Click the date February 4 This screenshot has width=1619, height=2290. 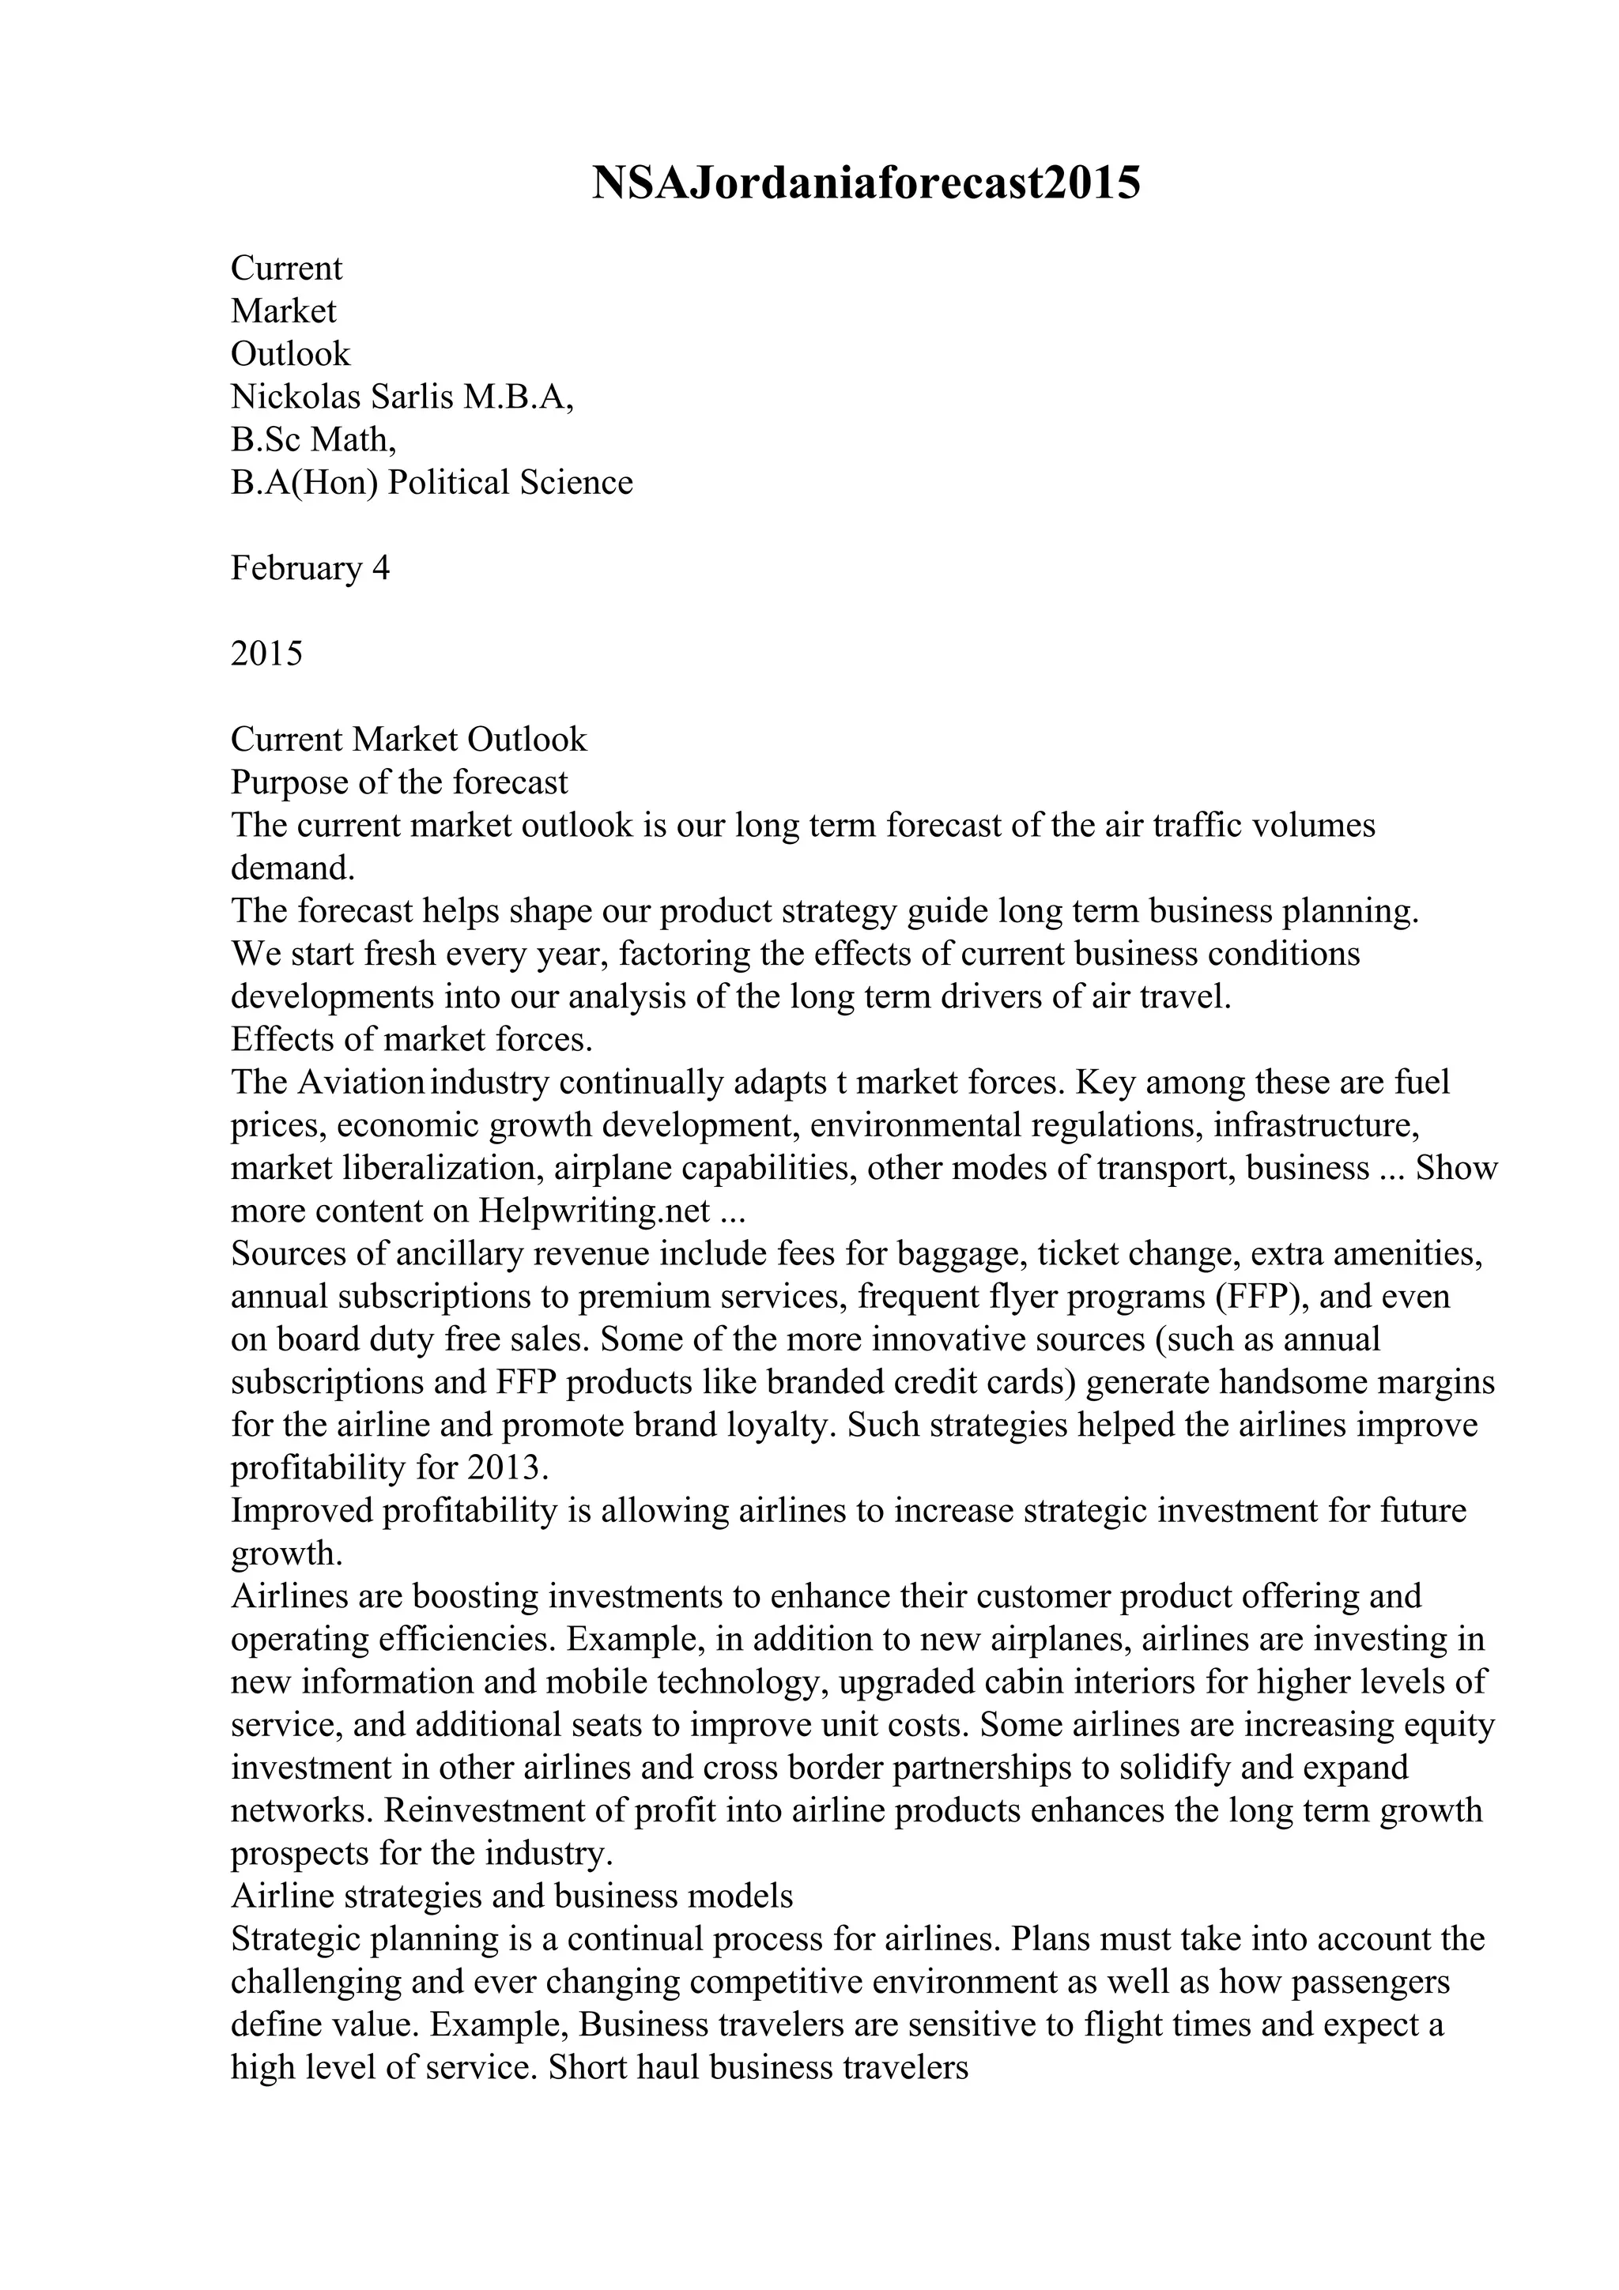point(310,568)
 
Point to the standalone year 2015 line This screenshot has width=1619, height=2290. point(266,654)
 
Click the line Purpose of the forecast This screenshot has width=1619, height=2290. point(399,782)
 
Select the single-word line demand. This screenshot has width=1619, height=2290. point(292,868)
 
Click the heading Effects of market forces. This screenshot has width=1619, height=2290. point(411,1039)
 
